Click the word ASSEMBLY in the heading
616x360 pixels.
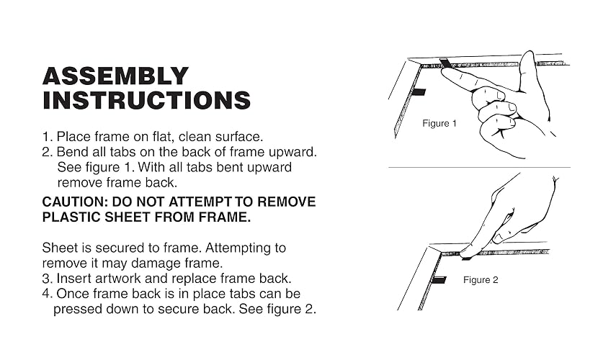(115, 76)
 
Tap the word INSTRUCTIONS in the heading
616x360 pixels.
(146, 100)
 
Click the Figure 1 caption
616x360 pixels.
(439, 123)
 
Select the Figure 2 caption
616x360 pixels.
(481, 280)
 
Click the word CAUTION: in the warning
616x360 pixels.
(75, 202)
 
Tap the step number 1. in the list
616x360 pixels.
(47, 137)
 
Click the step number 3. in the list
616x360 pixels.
(47, 279)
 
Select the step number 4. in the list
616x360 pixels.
(47, 294)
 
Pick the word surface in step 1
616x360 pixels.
(239, 137)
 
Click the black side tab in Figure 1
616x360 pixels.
(418, 93)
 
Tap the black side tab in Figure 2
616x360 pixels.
(439, 280)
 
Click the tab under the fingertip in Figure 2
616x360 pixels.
(466, 258)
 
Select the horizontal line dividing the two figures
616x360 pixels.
(479, 167)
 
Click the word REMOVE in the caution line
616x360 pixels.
(287, 202)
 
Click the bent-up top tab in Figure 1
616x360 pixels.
(446, 63)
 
